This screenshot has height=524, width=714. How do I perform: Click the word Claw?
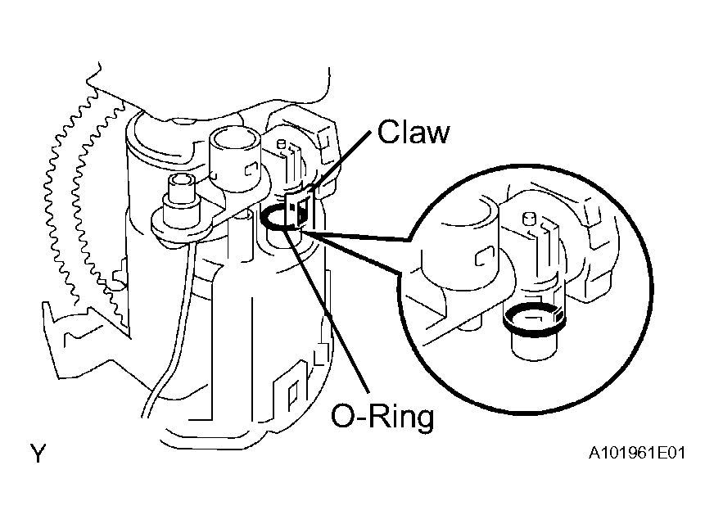point(413,132)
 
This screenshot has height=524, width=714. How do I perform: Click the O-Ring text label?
point(382,417)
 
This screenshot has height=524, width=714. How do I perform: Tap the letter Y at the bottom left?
point(38,454)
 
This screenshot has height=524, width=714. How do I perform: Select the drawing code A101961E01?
point(636,454)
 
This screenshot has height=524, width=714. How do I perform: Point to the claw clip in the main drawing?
point(300,208)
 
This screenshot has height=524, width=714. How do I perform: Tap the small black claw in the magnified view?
point(558,314)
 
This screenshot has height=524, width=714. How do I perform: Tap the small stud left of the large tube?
point(181,193)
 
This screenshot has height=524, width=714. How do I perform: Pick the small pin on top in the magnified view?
point(528,219)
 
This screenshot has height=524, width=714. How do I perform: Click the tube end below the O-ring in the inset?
point(534,348)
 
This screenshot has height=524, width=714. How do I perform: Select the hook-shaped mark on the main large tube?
point(252,169)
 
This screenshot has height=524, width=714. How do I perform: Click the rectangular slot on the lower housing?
point(293,392)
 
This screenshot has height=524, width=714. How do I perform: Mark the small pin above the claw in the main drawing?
point(281,144)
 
